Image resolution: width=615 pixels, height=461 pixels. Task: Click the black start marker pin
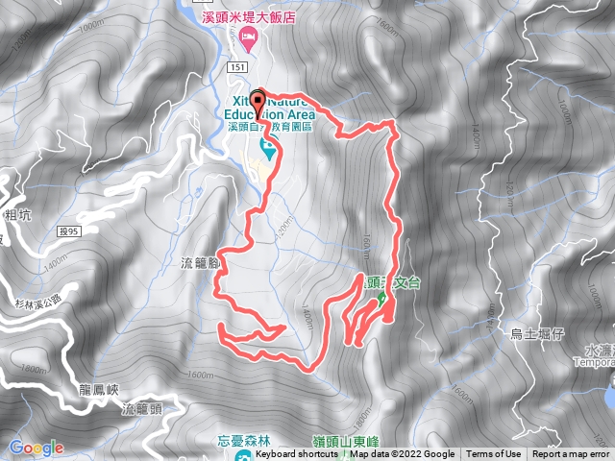pos(258,100)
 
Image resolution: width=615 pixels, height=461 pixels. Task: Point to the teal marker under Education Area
pos(268,150)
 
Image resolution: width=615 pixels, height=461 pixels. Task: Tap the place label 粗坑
pos(17,215)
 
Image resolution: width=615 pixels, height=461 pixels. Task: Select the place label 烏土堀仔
pos(537,334)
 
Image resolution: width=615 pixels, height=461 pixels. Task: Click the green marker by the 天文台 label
pos(381,299)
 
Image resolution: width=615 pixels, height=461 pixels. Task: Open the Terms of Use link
pos(494,454)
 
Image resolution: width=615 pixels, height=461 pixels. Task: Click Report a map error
pos(571,454)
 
